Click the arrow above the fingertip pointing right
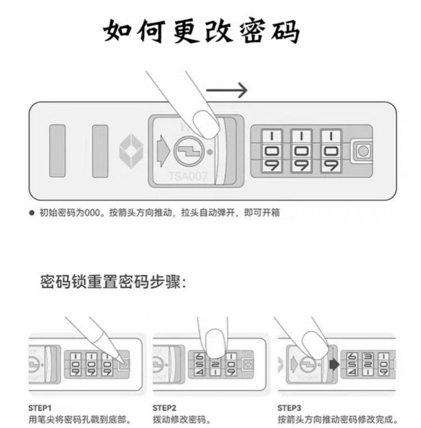(x=227, y=90)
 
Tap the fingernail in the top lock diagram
(x=205, y=123)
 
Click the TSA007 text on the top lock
(x=188, y=176)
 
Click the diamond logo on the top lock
(x=131, y=150)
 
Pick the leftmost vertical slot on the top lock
(x=57, y=150)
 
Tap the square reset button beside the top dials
(x=363, y=151)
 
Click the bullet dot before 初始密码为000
(x=32, y=213)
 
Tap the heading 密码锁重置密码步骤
(x=112, y=281)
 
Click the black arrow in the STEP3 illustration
(x=334, y=364)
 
